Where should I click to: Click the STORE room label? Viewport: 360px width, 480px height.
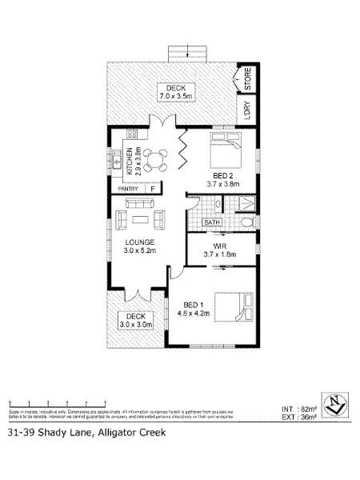coord(247,79)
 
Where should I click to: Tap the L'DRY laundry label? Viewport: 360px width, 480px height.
coord(247,110)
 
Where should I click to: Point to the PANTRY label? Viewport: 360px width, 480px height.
coord(129,189)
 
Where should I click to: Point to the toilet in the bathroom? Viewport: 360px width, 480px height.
coord(246,222)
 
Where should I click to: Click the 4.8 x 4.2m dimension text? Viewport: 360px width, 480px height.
coord(195,314)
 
